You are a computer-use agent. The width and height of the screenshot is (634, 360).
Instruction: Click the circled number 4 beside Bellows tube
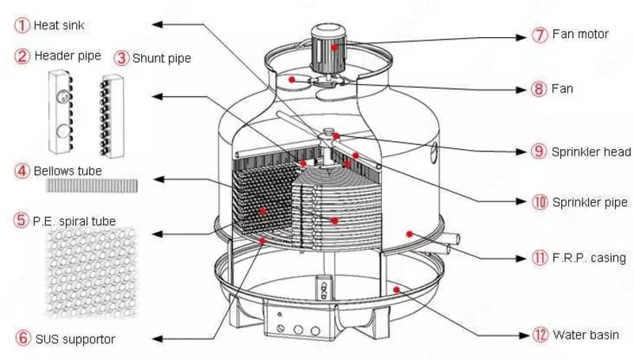pos(22,170)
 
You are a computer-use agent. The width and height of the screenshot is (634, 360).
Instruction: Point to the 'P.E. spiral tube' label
pos(74,220)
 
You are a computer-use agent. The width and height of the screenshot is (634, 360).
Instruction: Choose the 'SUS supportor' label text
pos(74,339)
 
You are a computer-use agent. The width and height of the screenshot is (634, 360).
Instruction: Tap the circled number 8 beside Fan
pos(540,89)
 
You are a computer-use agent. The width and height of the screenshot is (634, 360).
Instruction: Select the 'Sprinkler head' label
pos(591,151)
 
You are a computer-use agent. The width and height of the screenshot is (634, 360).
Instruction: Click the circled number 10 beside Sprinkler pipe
pos(540,202)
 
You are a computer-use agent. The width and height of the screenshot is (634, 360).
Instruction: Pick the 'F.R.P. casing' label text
pos(590,258)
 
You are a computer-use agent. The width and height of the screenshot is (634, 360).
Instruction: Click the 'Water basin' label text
pos(586,335)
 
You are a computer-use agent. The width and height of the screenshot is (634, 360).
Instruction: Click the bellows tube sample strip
pos(94,185)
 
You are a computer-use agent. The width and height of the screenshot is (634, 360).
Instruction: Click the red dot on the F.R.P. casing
pos(410,233)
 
